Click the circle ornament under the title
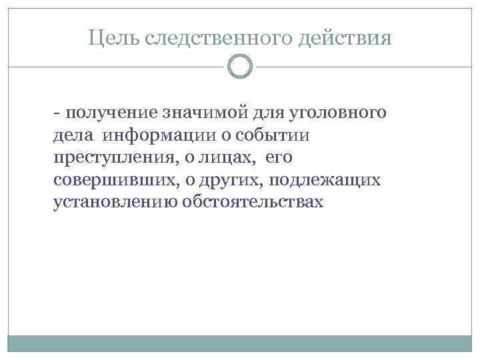240,66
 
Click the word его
279,158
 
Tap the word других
235,180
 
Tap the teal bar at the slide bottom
240,343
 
